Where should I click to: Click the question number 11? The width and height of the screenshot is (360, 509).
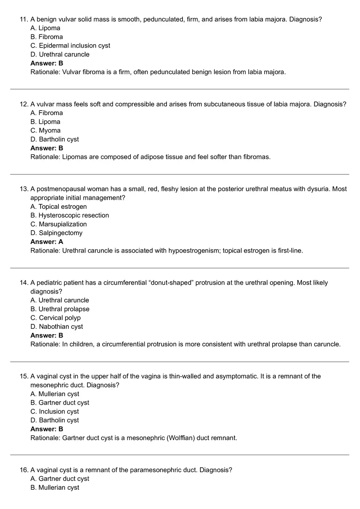[24, 19]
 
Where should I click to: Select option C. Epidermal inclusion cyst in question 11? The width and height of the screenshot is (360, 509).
[70, 45]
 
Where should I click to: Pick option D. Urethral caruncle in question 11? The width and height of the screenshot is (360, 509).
[60, 54]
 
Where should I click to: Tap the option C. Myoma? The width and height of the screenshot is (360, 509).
[45, 131]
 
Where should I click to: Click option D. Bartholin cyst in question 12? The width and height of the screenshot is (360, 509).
[54, 139]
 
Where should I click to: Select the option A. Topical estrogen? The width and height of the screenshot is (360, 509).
[59, 206]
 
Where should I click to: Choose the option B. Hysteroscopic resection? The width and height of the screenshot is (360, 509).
[70, 215]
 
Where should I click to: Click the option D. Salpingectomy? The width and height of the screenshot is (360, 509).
[56, 233]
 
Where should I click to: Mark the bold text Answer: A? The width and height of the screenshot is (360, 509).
[47, 242]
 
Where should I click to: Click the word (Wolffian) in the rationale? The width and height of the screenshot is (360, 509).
[180, 438]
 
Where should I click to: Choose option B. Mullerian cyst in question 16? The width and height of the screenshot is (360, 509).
[55, 488]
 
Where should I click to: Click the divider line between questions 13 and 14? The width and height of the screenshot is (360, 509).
[180, 268]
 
